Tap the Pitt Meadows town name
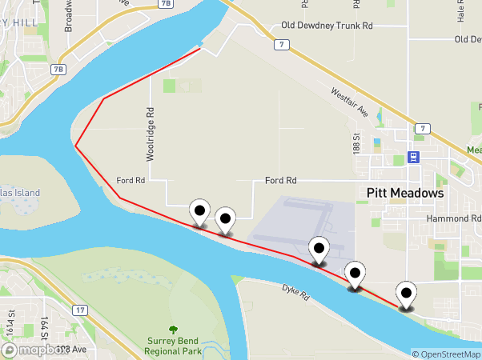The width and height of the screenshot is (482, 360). point(405,193)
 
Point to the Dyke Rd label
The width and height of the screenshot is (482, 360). point(295,293)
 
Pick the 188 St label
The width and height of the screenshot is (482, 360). point(356,145)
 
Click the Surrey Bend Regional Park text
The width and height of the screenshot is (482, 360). point(173,345)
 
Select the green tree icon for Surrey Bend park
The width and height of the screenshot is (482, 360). point(173,330)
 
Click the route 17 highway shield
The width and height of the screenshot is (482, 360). point(80,310)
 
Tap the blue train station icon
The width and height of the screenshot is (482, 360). point(413,157)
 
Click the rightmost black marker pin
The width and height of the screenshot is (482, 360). point(408,295)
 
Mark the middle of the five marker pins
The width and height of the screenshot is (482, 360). point(319,250)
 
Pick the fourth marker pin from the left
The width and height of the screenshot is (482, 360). point(354,274)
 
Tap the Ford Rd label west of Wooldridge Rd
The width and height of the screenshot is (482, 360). point(130,181)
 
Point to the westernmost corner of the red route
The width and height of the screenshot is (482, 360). point(76,146)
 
